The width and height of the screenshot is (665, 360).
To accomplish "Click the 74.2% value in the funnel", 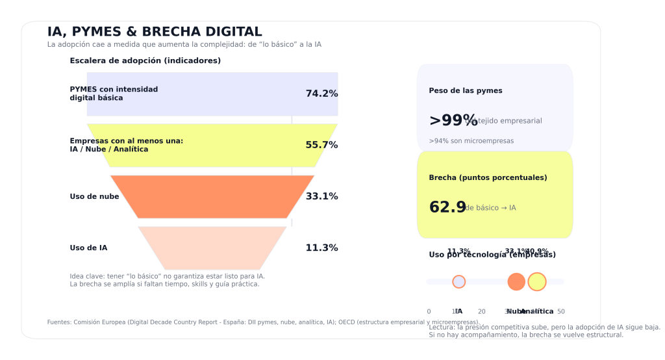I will tap(321, 94).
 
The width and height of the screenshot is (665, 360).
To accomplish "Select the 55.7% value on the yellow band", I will tap(321, 145).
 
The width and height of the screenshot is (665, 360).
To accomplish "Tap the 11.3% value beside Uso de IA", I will tap(321, 248).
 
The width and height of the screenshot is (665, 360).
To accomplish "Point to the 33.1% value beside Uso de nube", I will tap(321, 196).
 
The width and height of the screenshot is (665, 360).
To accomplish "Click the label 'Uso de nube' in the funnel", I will tap(94, 197).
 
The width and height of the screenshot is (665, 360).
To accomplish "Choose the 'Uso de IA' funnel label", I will tap(88, 248).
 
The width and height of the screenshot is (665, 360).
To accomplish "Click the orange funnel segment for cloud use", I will tap(212, 197).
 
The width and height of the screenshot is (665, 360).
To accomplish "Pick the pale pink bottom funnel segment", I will tap(212, 248).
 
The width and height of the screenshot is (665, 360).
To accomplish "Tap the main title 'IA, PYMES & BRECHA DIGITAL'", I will tap(155, 32).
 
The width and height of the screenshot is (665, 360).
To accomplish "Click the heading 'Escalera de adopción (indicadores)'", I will tap(145, 60).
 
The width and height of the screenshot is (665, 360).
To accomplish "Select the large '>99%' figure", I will tap(453, 120).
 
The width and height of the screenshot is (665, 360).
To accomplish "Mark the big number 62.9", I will tap(447, 207).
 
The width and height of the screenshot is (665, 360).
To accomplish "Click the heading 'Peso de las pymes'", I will tap(465, 91).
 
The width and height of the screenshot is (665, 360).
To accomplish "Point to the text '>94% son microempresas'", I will tap(471, 141).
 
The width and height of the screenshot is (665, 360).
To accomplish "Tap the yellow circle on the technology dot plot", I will tap(536, 281).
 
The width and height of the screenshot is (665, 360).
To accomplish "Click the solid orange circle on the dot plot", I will tap(516, 281).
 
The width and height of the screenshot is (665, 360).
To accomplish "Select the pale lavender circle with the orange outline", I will tap(458, 281).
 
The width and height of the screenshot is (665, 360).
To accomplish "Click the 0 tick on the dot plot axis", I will tap(429, 311).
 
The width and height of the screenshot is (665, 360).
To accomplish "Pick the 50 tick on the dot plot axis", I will tap(561, 311).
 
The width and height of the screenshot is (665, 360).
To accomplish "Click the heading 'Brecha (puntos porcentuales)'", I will tap(488, 177).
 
